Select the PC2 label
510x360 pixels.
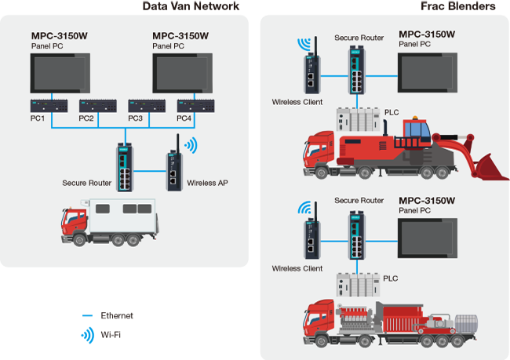(87, 118)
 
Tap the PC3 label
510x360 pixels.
(136, 118)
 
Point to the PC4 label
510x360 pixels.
(184, 118)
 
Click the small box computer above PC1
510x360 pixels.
(40, 104)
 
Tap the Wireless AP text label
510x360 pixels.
(208, 183)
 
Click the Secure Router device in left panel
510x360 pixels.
(126, 167)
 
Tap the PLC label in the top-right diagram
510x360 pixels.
(392, 113)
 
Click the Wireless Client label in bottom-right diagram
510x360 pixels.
(297, 268)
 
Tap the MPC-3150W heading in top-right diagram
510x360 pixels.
(427, 34)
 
